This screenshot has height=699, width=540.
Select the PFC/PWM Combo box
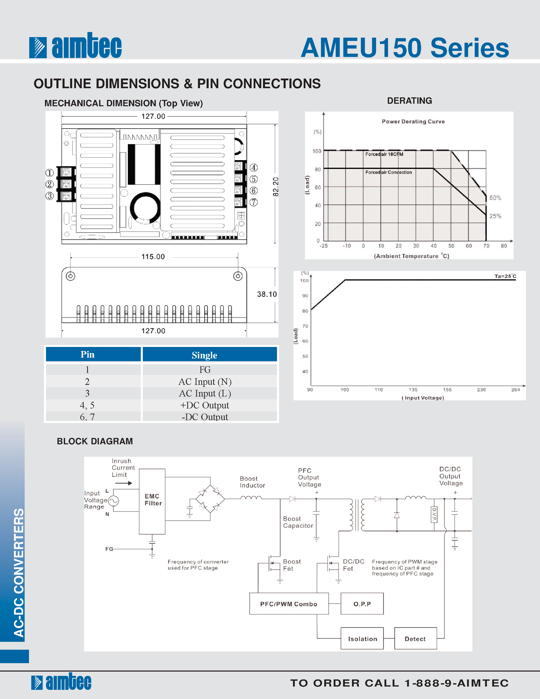pyautogui.click(x=289, y=604)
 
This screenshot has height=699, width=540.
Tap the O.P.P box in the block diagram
pyautogui.click(x=362, y=604)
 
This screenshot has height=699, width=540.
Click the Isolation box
pyautogui.click(x=362, y=639)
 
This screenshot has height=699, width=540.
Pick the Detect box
pyautogui.click(x=415, y=639)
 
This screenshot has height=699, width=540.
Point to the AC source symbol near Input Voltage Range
pyautogui.click(x=114, y=500)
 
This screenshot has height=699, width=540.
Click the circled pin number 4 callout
pyautogui.click(x=254, y=168)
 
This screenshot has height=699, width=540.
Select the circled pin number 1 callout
pyautogui.click(x=50, y=173)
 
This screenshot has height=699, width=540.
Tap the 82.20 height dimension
pyautogui.click(x=275, y=187)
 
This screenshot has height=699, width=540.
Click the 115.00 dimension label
pyautogui.click(x=153, y=257)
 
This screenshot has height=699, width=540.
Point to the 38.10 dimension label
pyautogui.click(x=267, y=294)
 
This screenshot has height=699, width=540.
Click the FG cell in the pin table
pyautogui.click(x=205, y=370)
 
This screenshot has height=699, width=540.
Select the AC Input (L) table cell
pyautogui.click(x=205, y=393)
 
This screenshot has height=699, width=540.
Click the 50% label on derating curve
pyautogui.click(x=495, y=198)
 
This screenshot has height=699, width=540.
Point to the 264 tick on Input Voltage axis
pyautogui.click(x=515, y=389)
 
